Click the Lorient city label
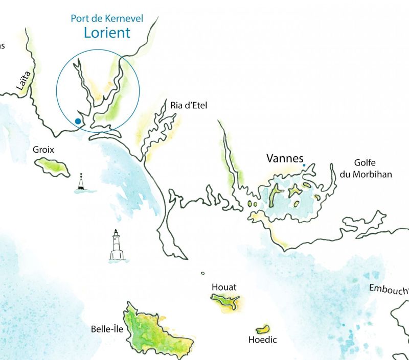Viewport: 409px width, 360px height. point(107,33)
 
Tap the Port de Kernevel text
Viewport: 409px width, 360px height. point(107,19)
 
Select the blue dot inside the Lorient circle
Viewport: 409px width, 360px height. point(77,121)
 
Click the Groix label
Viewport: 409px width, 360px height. point(43,150)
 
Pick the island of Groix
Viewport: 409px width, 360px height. point(53,166)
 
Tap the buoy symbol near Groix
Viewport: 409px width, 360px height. point(81,183)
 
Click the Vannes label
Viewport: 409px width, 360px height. point(285,159)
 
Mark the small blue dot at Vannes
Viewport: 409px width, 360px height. point(304,165)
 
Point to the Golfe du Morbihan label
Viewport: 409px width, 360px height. point(366,169)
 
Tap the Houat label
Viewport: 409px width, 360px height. point(224,287)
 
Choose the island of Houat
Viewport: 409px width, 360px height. point(225,302)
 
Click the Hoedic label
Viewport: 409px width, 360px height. point(262,340)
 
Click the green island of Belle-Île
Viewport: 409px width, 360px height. point(153,332)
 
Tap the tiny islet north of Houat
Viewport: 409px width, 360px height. point(202,273)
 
